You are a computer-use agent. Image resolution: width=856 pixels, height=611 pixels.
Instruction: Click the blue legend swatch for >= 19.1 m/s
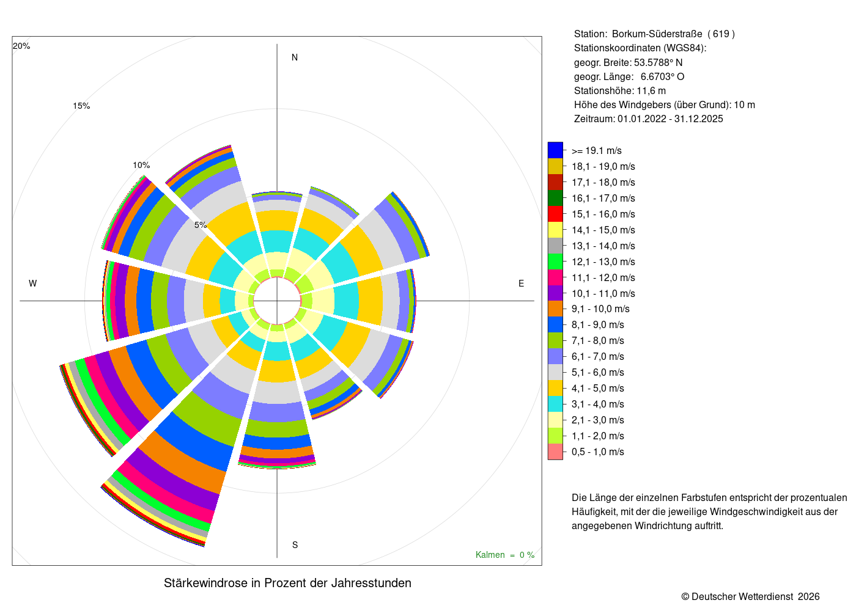(555, 150)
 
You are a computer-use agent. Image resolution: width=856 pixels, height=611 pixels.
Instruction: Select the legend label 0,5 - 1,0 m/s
(597, 452)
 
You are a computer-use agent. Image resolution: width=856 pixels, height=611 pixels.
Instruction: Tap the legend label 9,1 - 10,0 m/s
(600, 309)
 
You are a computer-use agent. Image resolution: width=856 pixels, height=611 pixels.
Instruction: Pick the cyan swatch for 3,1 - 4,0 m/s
(555, 404)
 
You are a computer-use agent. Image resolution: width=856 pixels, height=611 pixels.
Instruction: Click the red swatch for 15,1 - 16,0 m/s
(555, 214)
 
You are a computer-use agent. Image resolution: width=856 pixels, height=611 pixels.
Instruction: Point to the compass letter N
(295, 57)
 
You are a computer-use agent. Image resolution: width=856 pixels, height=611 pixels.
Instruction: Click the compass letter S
(295, 545)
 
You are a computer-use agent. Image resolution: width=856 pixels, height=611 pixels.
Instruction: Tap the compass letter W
(33, 284)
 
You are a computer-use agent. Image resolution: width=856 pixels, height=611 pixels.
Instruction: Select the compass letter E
(521, 284)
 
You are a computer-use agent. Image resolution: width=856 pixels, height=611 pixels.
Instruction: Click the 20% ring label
(21, 46)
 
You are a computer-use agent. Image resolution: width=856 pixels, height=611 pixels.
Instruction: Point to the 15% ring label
(81, 106)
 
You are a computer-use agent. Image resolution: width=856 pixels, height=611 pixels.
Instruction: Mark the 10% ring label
(141, 165)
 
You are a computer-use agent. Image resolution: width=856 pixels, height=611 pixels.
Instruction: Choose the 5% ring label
(201, 225)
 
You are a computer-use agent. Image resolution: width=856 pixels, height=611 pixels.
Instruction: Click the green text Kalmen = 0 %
(505, 555)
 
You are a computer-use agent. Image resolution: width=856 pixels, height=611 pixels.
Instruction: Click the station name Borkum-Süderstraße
(657, 34)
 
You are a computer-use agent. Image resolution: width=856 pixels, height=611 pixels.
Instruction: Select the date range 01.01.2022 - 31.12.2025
(670, 119)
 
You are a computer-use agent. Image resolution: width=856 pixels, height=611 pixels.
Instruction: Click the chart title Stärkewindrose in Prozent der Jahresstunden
(287, 583)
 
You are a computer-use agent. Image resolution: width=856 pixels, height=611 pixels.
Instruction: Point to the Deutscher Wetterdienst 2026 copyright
(750, 596)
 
